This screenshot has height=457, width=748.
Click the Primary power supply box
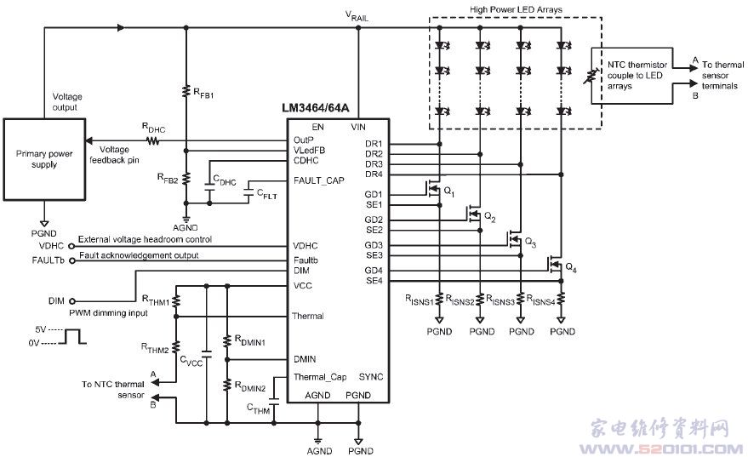point(44,159)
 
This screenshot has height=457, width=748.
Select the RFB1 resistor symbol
point(186,91)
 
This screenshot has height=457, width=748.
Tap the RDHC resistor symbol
point(152,140)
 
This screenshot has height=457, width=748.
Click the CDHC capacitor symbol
point(209,186)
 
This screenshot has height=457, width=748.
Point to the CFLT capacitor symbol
point(248,193)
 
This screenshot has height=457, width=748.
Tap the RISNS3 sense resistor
point(521,300)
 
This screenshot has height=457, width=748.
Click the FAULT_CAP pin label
point(318,180)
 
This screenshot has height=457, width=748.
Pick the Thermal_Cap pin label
point(320,377)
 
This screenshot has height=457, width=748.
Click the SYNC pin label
point(371,377)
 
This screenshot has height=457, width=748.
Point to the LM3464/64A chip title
point(316,108)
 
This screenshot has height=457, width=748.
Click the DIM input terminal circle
point(72,301)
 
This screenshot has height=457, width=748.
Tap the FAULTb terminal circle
point(72,260)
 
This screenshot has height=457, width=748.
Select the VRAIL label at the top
point(357,15)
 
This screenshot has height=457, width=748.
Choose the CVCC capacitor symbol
point(207,356)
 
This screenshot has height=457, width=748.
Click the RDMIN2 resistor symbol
point(227,385)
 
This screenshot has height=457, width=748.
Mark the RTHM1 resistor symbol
point(176,301)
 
